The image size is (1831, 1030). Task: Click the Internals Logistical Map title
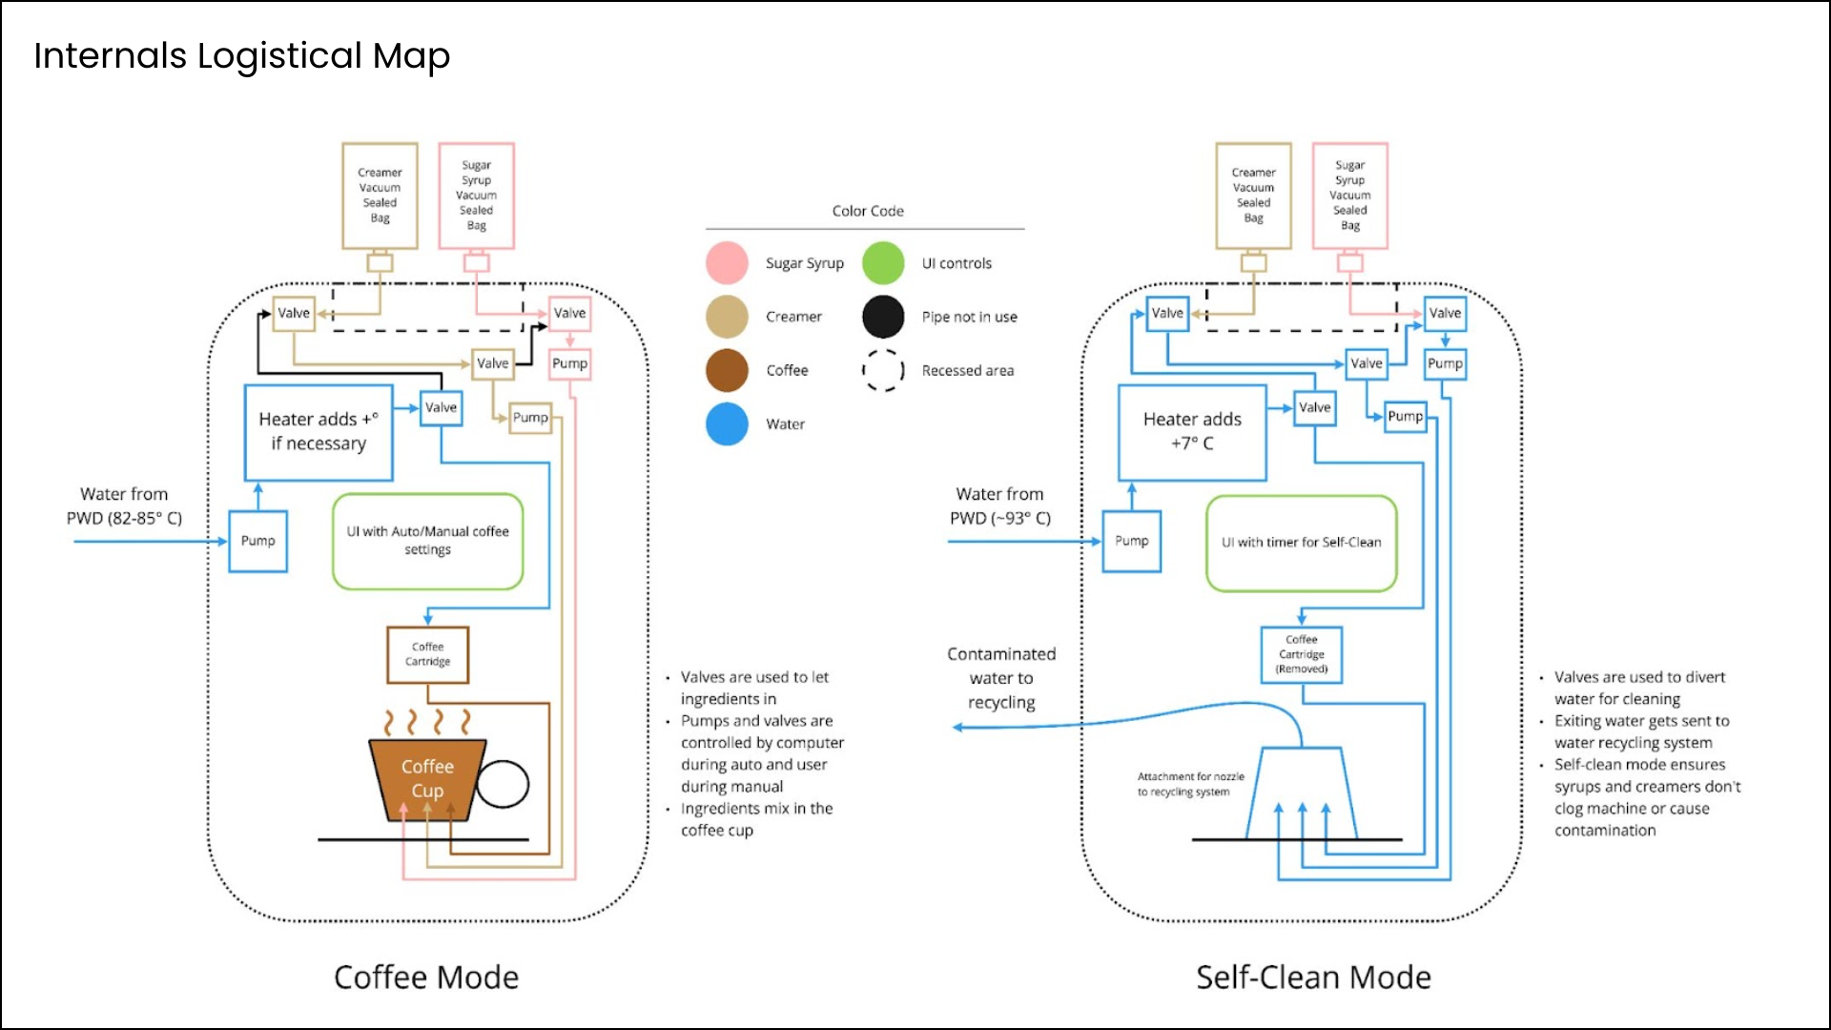[241, 55]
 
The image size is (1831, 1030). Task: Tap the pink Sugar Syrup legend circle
[727, 263]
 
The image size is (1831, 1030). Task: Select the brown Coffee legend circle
[727, 370]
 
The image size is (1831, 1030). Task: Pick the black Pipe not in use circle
[883, 317]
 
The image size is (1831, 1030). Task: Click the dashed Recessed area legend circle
[883, 370]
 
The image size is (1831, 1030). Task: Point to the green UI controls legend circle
[883, 263]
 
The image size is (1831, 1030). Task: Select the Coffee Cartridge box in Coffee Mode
[427, 654]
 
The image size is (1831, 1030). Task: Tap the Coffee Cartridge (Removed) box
[1301, 654]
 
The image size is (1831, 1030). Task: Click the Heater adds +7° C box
[1192, 432]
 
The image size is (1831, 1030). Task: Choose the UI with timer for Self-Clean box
[1301, 543]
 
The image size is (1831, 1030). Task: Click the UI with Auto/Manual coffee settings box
[427, 541]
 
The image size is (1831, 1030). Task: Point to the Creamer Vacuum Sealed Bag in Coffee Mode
[380, 196]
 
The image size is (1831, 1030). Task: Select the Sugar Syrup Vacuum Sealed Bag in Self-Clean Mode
[1349, 196]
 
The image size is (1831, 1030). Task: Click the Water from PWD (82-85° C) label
[124, 505]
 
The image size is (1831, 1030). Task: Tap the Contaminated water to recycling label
[1001, 678]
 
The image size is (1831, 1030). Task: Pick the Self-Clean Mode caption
[1313, 978]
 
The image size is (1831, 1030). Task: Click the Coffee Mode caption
[426, 978]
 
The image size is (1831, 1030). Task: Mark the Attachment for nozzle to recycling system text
[1189, 784]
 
